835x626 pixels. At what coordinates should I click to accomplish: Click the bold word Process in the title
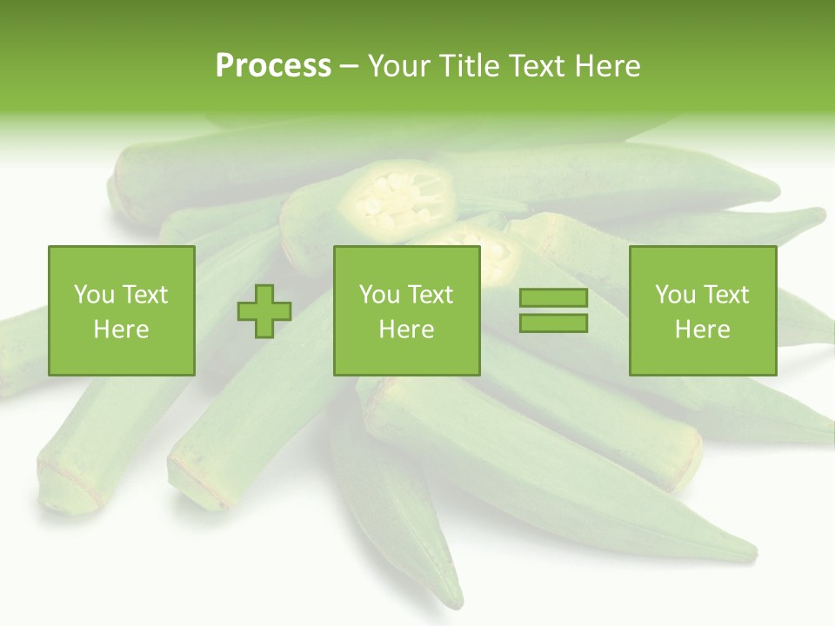273,66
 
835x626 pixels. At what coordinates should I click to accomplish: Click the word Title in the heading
470,66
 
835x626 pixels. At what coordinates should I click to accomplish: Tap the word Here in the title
606,66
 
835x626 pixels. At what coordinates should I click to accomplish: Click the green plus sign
264,311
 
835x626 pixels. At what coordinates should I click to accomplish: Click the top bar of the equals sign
553,298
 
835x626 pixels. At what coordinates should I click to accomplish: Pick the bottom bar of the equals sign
553,323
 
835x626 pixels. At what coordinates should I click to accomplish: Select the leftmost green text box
121,310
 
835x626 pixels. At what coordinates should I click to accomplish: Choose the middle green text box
406,310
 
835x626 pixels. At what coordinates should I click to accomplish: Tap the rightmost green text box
702,310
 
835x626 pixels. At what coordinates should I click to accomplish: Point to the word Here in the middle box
406,330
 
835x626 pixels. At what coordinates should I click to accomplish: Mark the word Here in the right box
702,330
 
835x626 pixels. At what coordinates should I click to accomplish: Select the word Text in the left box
144,295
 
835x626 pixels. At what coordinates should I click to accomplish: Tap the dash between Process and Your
349,66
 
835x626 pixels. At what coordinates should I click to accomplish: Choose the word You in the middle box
378,295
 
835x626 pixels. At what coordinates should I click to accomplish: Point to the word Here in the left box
121,330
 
